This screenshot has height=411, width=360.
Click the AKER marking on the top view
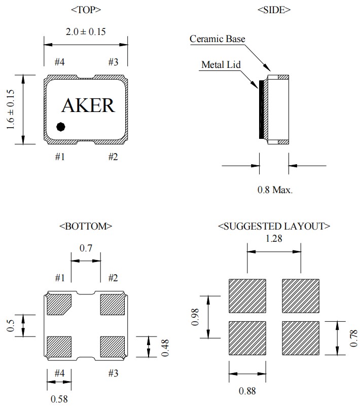click(x=88, y=105)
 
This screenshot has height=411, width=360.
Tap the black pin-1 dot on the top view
click(x=61, y=126)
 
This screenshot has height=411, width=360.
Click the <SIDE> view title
click(x=274, y=10)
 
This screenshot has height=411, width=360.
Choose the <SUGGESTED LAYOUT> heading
click(x=274, y=226)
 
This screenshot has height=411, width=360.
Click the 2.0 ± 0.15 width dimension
click(x=86, y=31)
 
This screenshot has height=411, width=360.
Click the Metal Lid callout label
click(x=221, y=65)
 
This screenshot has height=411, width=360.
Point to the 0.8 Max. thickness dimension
click(x=275, y=190)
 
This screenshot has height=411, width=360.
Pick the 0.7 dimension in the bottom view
click(x=86, y=248)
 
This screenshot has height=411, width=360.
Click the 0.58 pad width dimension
click(x=59, y=399)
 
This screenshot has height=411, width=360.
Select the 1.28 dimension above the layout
click(x=274, y=238)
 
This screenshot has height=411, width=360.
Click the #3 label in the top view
click(x=113, y=62)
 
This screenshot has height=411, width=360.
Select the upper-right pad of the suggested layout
click(x=300, y=296)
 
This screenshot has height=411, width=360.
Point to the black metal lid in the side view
click(x=262, y=109)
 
